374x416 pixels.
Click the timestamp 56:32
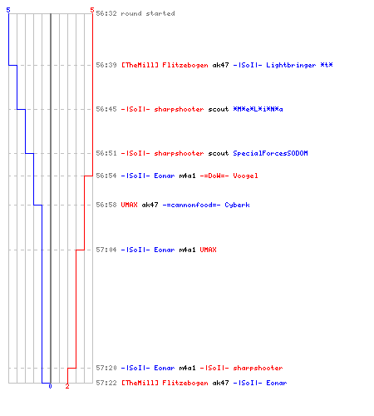(106, 13)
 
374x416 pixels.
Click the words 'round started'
(148, 13)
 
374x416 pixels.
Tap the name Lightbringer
(291, 66)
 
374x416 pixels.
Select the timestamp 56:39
(106, 65)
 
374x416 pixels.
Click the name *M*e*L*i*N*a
(258, 109)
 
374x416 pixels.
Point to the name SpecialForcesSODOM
(270, 153)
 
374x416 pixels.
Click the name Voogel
(245, 176)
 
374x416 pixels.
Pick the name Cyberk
(237, 206)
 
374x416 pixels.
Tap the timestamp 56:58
(106, 205)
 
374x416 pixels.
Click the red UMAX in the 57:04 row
(208, 250)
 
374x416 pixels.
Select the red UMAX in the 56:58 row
(129, 205)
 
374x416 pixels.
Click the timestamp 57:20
(106, 368)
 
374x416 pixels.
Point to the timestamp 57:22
(106, 383)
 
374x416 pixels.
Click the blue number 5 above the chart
(8, 10)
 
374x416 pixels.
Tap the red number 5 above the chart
(92, 10)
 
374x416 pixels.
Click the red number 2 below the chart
(67, 386)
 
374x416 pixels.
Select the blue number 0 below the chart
(50, 386)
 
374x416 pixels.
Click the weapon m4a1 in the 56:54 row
(187, 176)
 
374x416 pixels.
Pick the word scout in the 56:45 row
(219, 109)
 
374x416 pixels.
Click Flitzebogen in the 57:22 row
(185, 384)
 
